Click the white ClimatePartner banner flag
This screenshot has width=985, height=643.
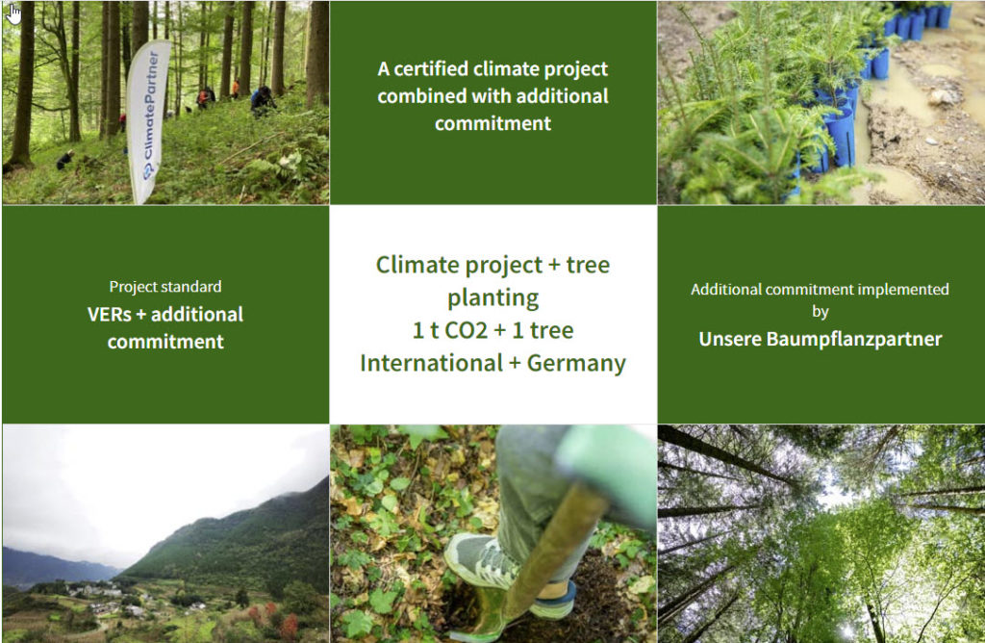click(148, 119)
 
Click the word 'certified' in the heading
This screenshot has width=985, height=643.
click(430, 69)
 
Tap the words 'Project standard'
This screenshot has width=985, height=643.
click(165, 287)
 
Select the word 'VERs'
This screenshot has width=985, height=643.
click(110, 314)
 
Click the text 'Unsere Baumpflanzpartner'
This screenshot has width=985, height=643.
click(821, 340)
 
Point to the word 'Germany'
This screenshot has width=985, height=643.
click(576, 363)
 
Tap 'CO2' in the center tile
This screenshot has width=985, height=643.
click(467, 330)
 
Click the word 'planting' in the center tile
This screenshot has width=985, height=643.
click(493, 298)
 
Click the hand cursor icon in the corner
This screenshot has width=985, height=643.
click(13, 12)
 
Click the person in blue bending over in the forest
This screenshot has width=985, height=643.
click(263, 100)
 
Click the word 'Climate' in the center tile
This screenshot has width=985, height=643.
click(415, 266)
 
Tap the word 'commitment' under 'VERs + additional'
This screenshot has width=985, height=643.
click(165, 342)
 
